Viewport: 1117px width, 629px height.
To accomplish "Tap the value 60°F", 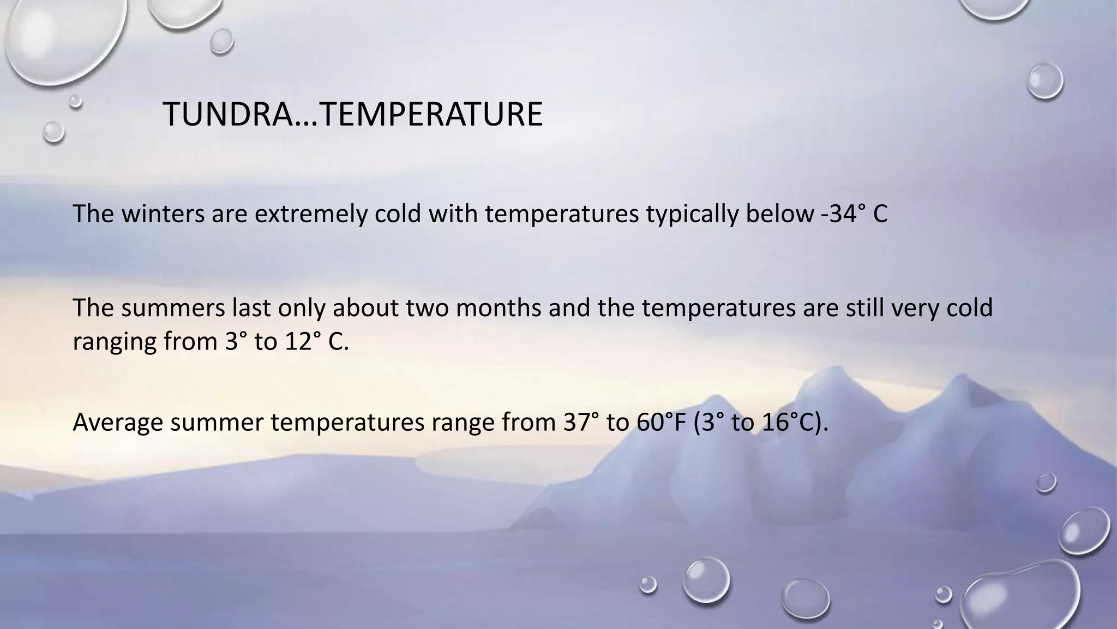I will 660,422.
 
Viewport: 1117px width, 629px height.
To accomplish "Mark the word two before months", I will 427,308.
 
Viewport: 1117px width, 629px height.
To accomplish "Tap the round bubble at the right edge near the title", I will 1044,81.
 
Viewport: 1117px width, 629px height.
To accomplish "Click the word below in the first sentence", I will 779,214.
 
